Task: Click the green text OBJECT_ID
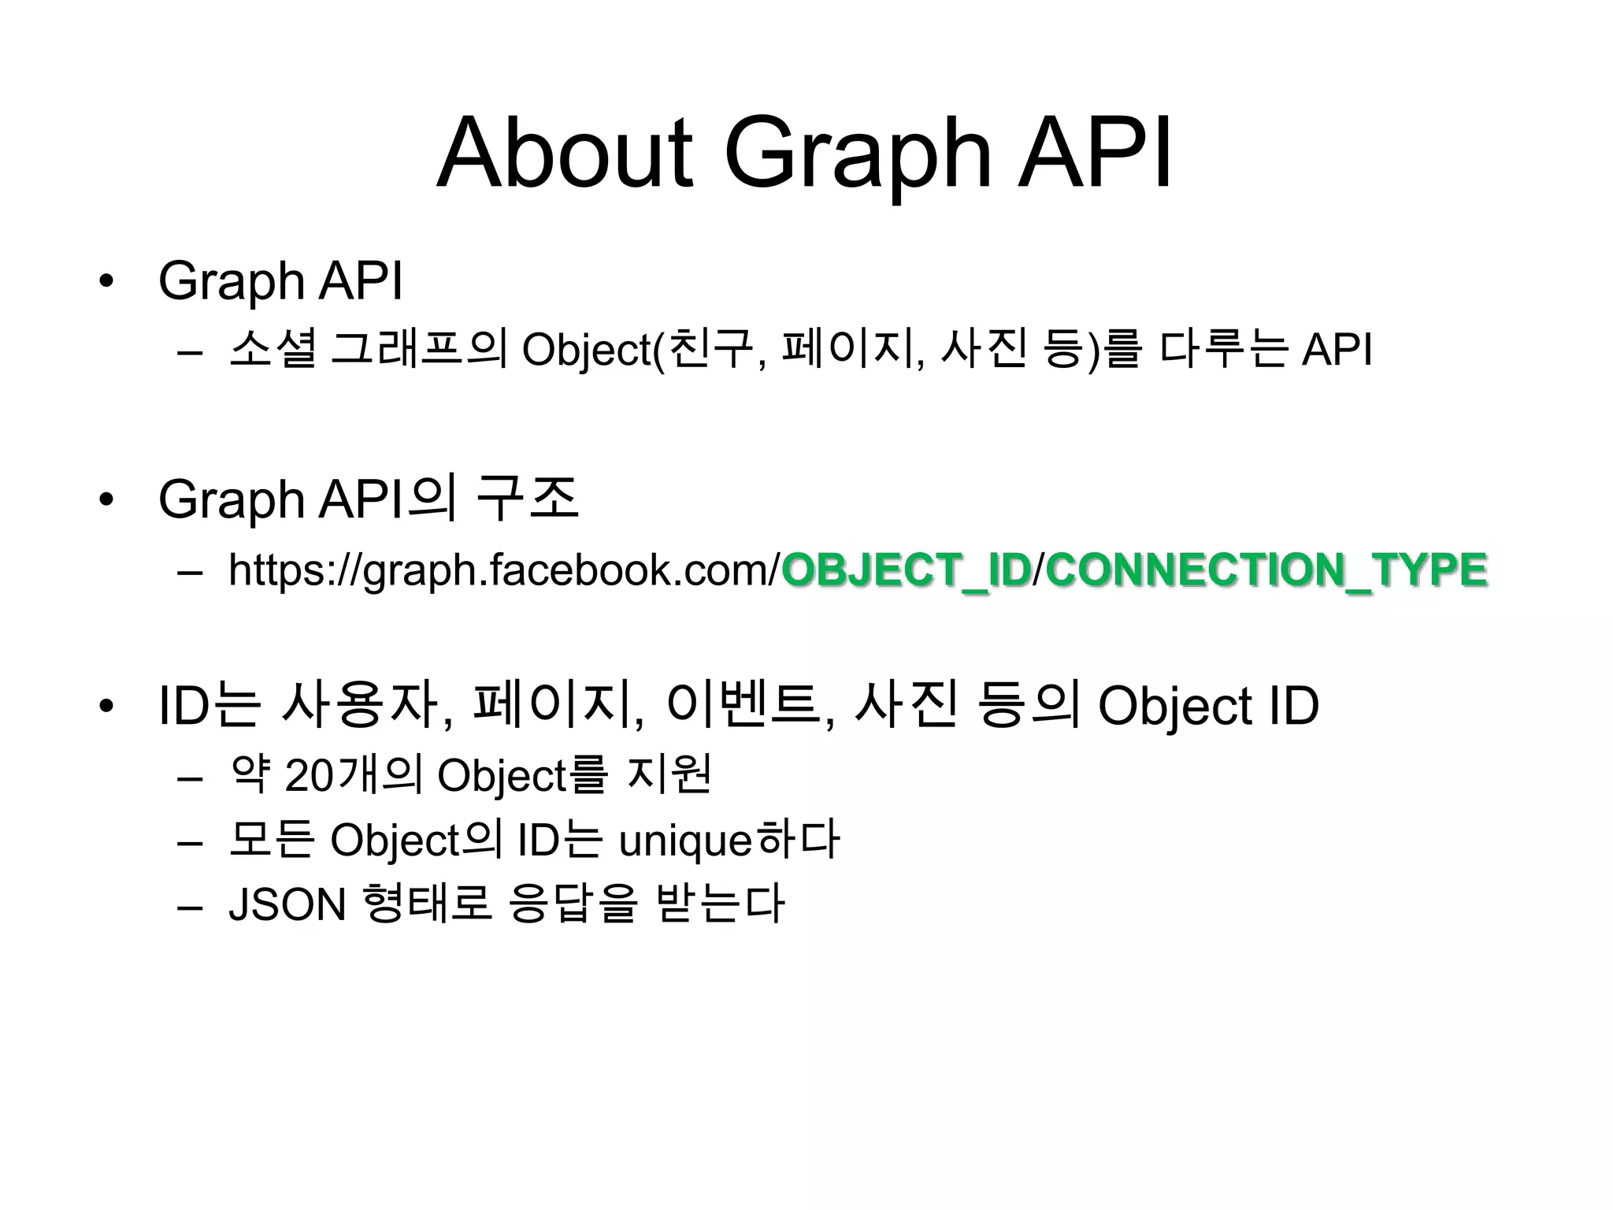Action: click(906, 570)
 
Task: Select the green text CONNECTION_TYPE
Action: click(1266, 570)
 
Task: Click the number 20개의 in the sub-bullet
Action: click(354, 775)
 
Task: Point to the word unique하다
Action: click(729, 840)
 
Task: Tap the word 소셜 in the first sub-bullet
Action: click(273, 349)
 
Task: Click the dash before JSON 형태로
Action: click(190, 905)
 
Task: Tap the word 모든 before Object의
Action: click(272, 840)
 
